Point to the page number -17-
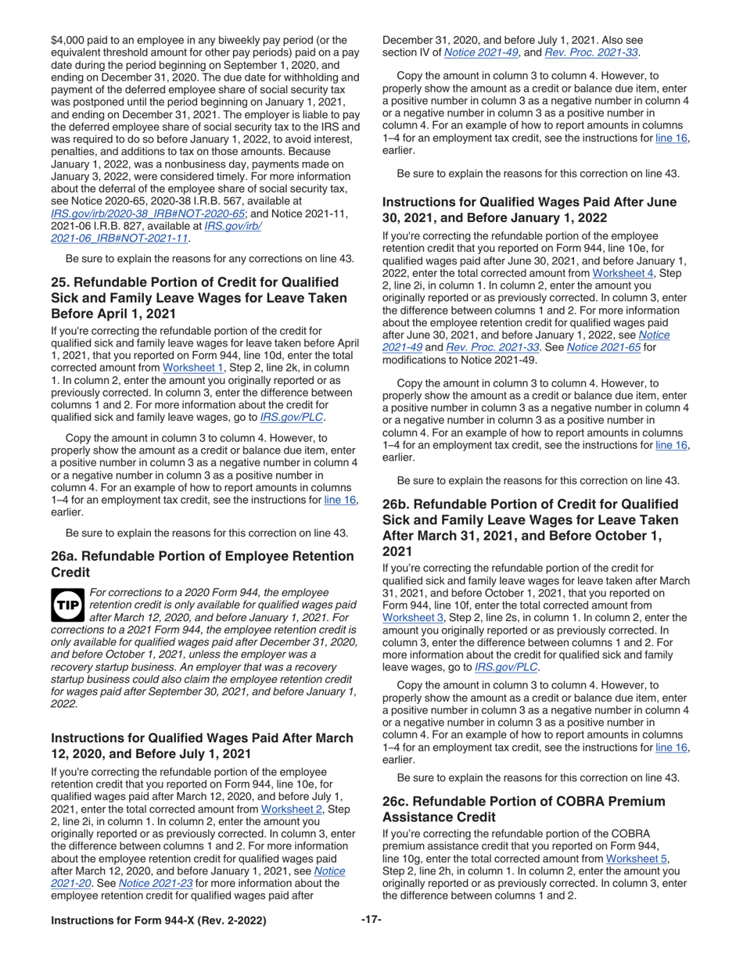[371, 920]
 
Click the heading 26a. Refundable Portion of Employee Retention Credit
[202, 564]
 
